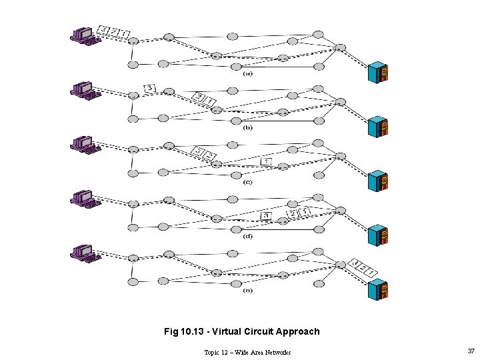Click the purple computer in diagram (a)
coord(84,35)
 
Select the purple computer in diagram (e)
coord(84,253)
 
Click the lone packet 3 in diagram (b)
coord(150,88)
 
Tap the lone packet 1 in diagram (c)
coord(267,161)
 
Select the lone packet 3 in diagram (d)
coord(266,215)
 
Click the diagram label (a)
coord(248,74)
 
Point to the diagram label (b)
coord(248,127)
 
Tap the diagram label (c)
coord(248,182)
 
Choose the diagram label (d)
coord(248,236)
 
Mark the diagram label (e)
coord(248,291)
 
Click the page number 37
coord(471,351)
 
